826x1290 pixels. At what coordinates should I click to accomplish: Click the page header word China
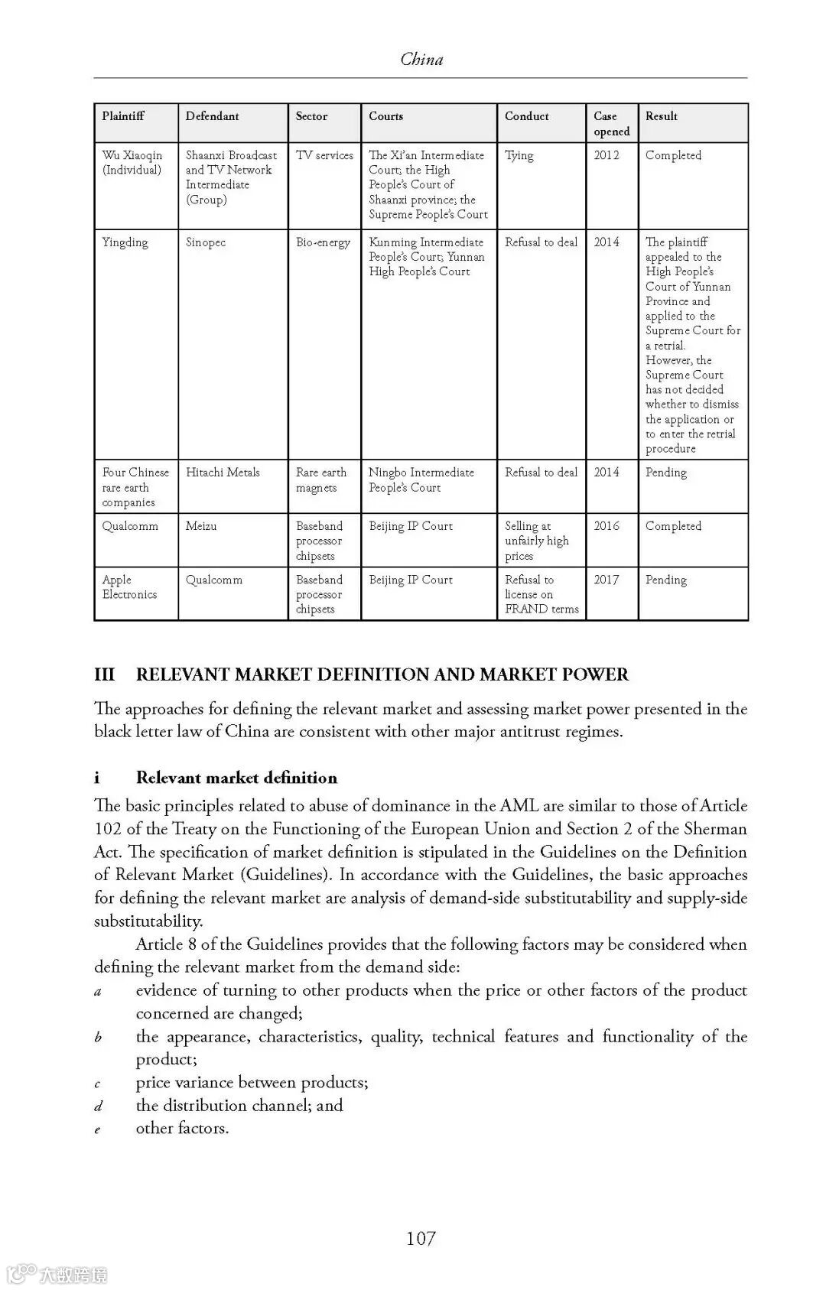pos(421,59)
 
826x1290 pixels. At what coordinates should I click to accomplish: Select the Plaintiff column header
pos(123,116)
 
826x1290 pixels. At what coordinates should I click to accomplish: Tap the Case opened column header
pos(611,124)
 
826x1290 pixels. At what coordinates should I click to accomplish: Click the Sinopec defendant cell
pos(206,242)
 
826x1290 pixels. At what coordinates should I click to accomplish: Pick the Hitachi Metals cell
pos(223,473)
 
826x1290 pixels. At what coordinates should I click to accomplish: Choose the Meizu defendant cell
pos(201,526)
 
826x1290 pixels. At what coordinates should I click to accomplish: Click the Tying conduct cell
pos(519,155)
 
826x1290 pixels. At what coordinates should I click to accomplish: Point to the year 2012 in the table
pos(606,155)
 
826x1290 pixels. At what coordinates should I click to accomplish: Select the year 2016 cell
pos(606,526)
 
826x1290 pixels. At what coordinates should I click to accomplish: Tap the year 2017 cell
pos(606,580)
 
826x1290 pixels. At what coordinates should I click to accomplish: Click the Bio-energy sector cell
pos(323,242)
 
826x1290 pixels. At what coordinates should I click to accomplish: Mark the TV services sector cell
pos(324,155)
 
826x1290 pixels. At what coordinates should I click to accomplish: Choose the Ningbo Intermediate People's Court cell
pos(421,480)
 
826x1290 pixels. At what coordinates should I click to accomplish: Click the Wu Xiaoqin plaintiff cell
pos(132,163)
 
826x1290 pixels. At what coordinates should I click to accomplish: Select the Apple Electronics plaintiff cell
pos(130,587)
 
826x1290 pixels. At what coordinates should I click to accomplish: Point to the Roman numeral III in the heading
pos(104,674)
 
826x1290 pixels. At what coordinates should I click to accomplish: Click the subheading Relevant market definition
pos(236,778)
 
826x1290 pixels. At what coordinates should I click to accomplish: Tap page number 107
pos(421,1238)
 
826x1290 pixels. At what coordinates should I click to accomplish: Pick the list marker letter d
pos(98,1106)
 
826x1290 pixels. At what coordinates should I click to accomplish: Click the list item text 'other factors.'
pos(182,1128)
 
